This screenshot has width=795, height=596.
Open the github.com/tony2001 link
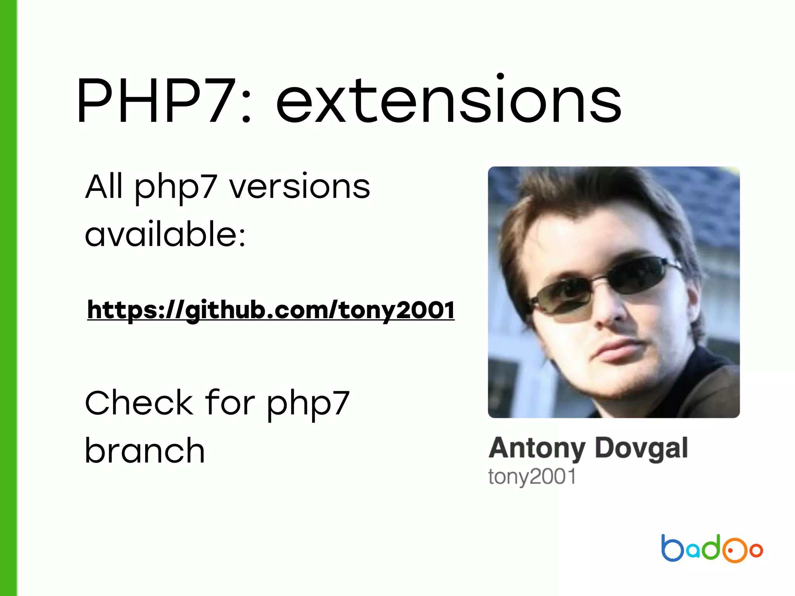tap(271, 310)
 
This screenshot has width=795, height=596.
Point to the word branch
tap(145, 451)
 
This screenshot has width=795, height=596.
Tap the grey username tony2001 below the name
tap(532, 476)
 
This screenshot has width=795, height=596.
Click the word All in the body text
tap(104, 187)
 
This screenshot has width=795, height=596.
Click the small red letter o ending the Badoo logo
tap(756, 550)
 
